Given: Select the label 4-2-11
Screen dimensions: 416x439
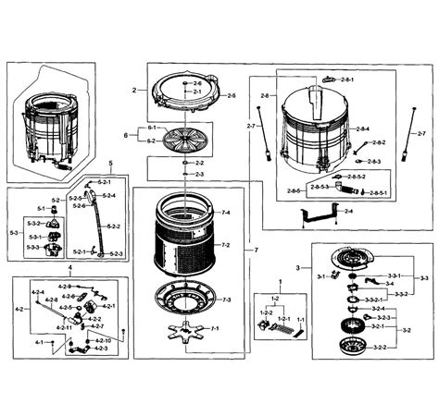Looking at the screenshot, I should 64,328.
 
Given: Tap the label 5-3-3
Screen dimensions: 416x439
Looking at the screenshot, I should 32,247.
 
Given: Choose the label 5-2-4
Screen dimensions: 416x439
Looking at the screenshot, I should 107,196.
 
